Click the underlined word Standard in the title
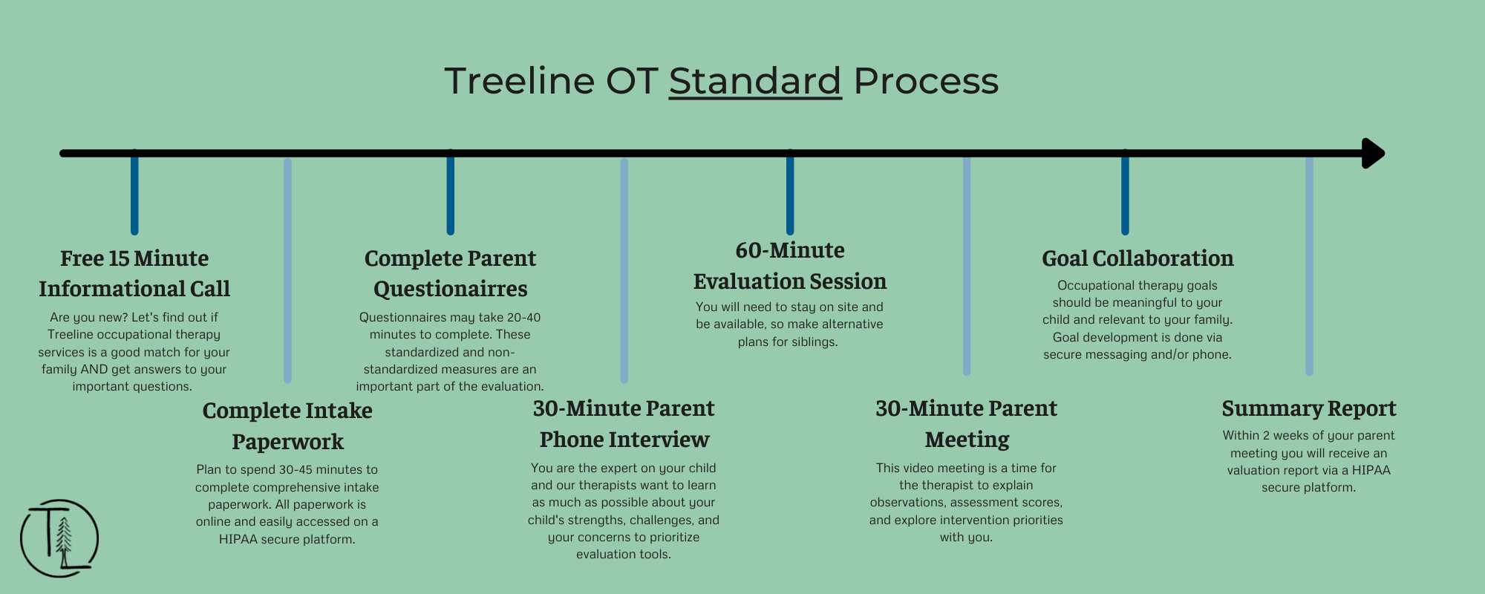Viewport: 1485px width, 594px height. (x=755, y=81)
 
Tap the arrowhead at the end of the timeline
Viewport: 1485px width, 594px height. (x=1373, y=154)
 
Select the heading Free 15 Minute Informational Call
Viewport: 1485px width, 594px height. (x=134, y=273)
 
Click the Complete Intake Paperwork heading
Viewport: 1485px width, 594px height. (x=287, y=425)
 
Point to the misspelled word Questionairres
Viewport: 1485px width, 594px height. (x=450, y=289)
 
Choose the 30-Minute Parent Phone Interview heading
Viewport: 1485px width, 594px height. (x=624, y=423)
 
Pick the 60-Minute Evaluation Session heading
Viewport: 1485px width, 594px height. (x=790, y=266)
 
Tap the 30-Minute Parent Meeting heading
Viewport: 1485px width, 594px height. (x=966, y=423)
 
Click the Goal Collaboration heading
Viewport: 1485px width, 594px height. (x=1138, y=258)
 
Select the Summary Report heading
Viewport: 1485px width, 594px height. (x=1309, y=408)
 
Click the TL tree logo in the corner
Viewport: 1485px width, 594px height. (x=59, y=538)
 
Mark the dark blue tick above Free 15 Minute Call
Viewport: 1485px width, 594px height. (x=134, y=192)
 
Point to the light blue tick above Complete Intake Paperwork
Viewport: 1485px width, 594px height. (x=287, y=270)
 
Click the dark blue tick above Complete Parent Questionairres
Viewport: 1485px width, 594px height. (x=450, y=192)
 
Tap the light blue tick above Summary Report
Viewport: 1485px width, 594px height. (x=1309, y=266)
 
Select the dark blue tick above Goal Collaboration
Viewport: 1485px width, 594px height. (x=1125, y=192)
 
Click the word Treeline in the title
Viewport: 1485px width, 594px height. (x=520, y=81)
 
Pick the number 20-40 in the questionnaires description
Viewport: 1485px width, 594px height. (x=523, y=317)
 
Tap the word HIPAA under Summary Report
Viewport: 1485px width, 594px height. (x=1371, y=470)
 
